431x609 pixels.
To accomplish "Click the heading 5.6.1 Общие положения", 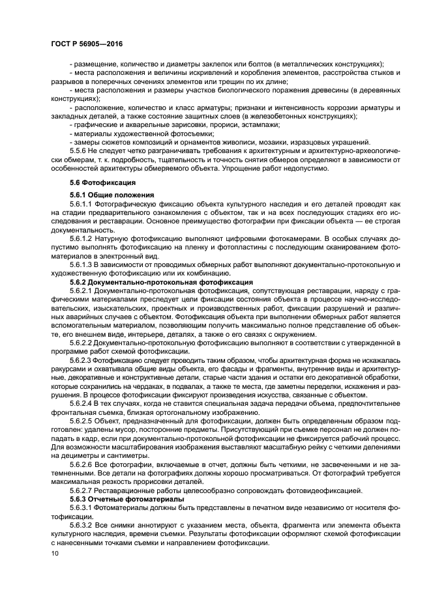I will tap(111, 195).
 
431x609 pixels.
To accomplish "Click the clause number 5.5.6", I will tap(79, 150).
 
